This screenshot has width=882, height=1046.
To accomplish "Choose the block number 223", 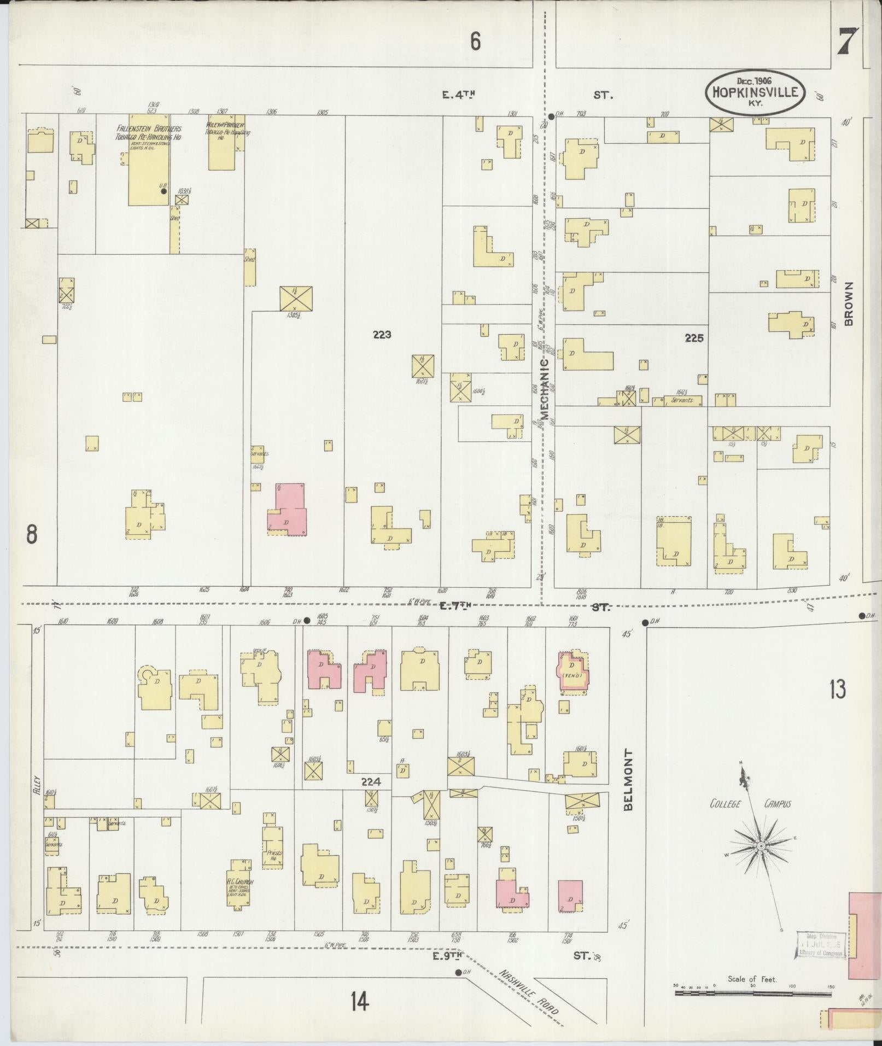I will tap(382, 335).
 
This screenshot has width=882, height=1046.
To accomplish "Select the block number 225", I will tap(694, 338).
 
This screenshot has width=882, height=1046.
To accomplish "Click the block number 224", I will tap(370, 782).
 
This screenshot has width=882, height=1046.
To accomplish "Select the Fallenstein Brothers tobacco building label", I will tap(148, 133).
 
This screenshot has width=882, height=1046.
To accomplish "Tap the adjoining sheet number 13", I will tap(837, 689).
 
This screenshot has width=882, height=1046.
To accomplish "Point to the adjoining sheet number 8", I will tap(32, 534).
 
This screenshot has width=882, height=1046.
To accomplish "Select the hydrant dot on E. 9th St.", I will tap(458, 973).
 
